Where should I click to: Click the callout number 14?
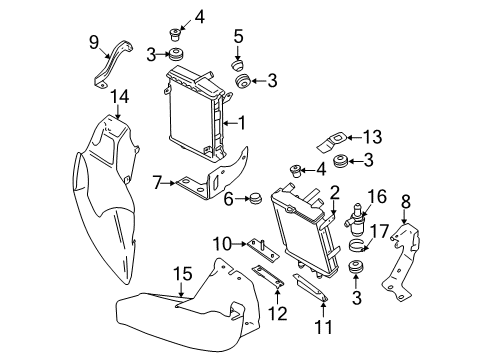(119, 97)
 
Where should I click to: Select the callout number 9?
(94, 43)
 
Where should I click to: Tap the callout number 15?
(183, 274)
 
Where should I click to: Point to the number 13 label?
(372, 137)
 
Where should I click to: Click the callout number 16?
(377, 196)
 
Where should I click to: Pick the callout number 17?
(380, 231)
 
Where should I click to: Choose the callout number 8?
(406, 202)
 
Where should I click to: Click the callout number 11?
(324, 327)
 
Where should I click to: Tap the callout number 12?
(278, 314)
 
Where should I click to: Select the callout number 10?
(222, 244)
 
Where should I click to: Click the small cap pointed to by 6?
(256, 198)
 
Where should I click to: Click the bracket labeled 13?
(330, 142)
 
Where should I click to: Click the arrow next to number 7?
(169, 183)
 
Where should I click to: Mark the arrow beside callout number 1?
(229, 123)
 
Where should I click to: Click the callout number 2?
(334, 193)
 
